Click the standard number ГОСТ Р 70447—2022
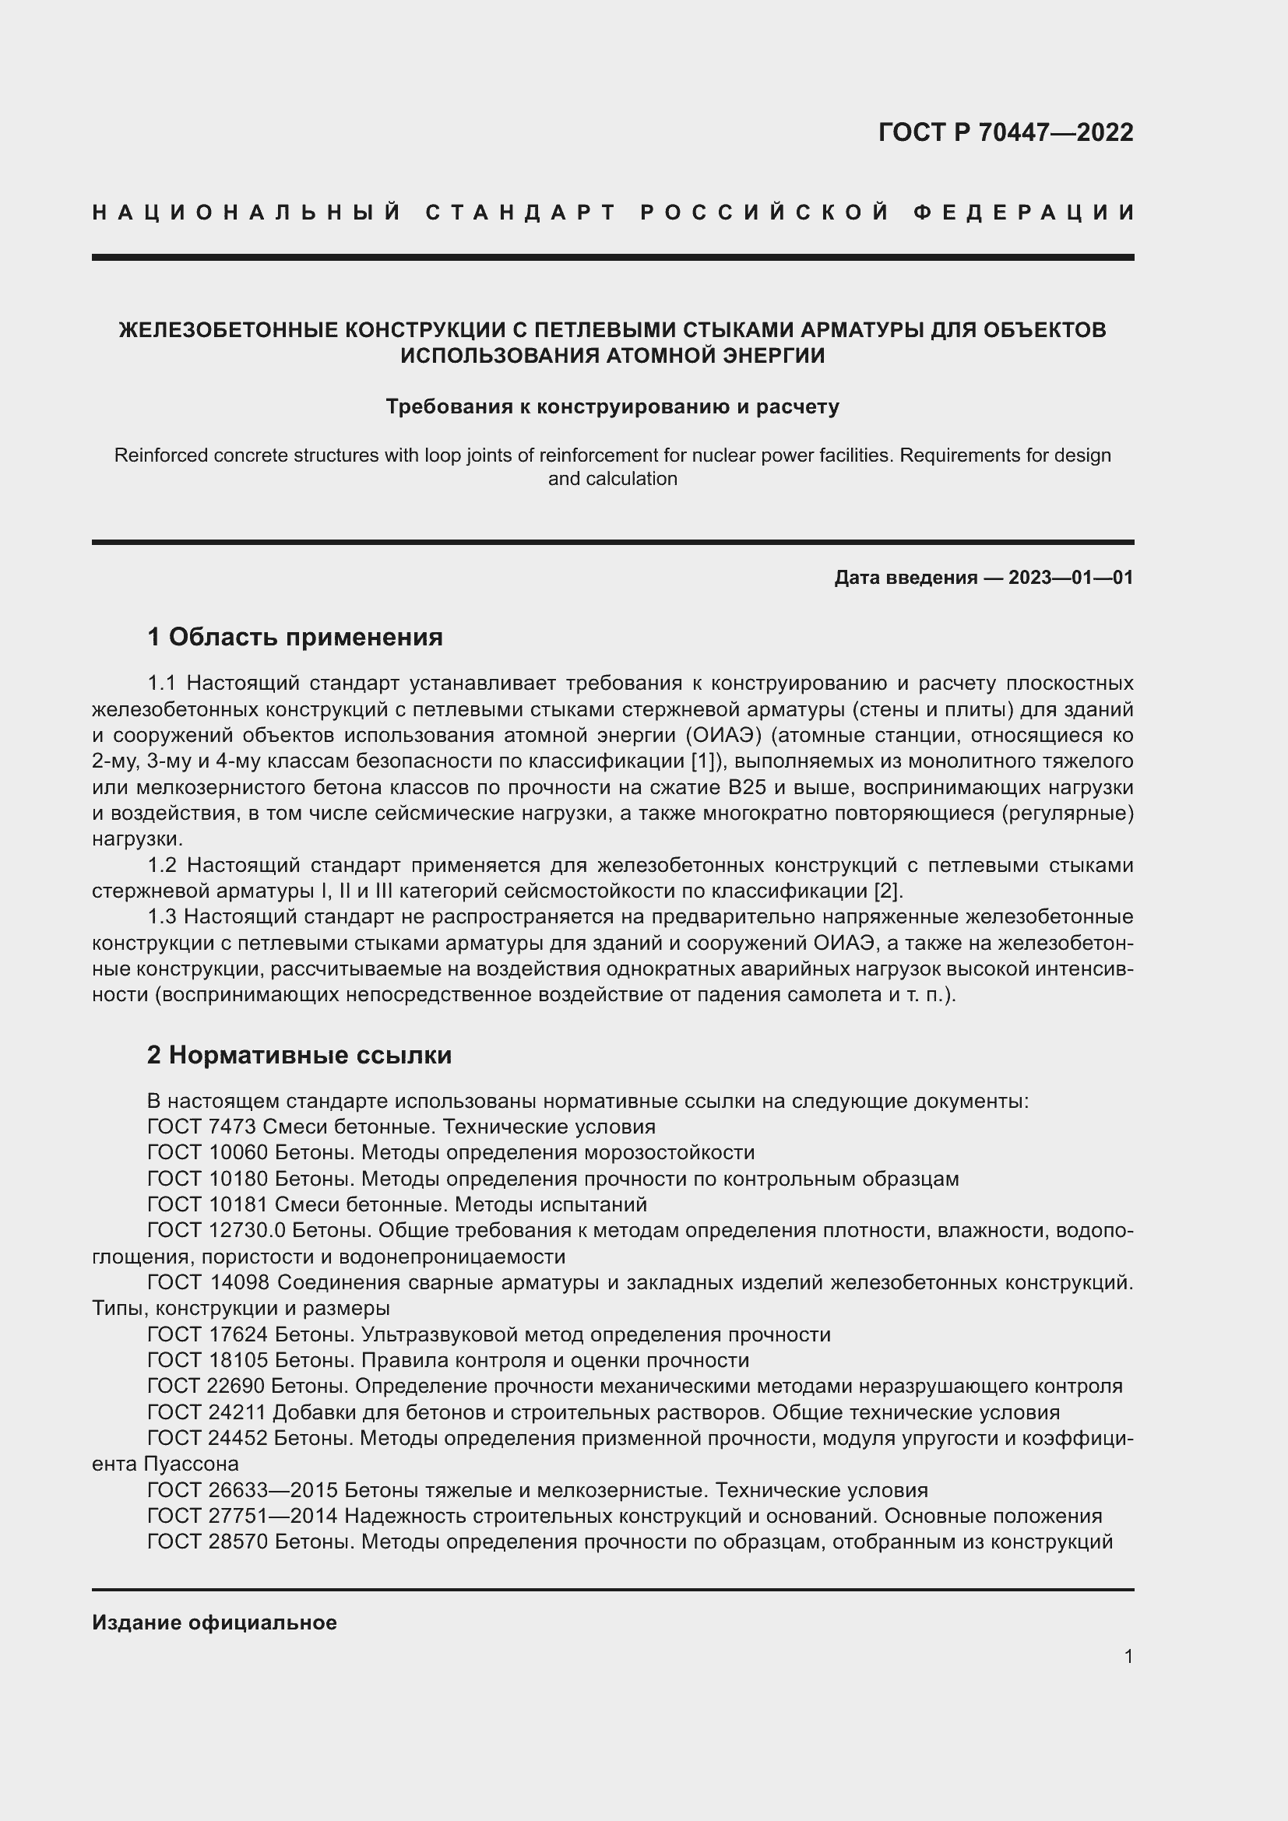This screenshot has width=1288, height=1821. pyautogui.click(x=1005, y=132)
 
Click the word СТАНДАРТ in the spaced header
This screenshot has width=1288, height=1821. pyautogui.click(x=520, y=213)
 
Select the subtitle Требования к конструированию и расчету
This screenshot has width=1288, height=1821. pyautogui.click(x=612, y=407)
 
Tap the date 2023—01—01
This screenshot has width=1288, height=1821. pyautogui.click(x=1071, y=578)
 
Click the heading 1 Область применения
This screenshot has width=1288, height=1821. pyautogui.click(x=294, y=637)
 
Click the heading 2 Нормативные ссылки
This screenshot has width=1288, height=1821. pyautogui.click(x=299, y=1055)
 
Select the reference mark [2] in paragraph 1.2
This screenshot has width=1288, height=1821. pyautogui.click(x=887, y=891)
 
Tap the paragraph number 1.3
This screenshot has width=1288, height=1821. pyautogui.click(x=163, y=917)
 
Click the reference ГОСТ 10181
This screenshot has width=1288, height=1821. pyautogui.click(x=208, y=1204)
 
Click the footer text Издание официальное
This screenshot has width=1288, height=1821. pyautogui.click(x=214, y=1622)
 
